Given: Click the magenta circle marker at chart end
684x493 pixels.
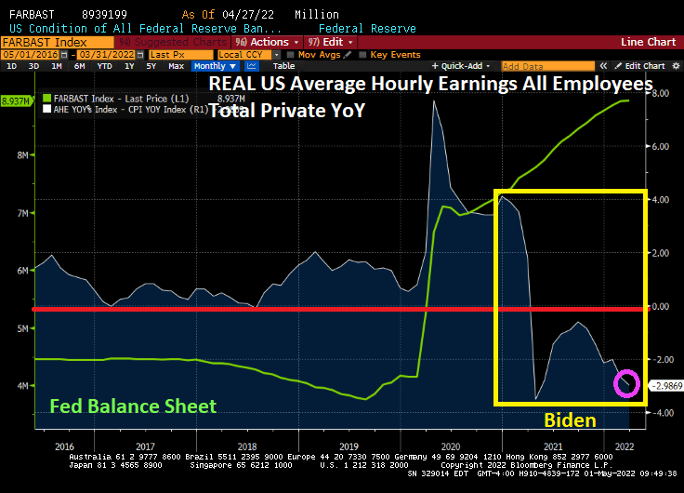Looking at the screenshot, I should coord(626,382).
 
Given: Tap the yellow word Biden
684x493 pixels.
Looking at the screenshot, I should coord(569,420).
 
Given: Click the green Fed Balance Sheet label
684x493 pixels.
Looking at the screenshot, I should coord(132,406).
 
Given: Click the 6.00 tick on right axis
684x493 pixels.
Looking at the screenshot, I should coord(659,146).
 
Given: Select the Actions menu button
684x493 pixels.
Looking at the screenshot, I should coord(268,42).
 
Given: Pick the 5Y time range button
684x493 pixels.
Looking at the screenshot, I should coord(151,66).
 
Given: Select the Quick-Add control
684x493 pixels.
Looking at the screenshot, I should coord(464,66).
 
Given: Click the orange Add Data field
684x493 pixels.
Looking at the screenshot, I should coord(546,66).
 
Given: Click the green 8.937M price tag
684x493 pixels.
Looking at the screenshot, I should coord(15,100).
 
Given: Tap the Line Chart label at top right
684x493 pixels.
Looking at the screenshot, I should coord(648,42).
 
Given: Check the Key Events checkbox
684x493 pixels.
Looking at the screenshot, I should coord(364,55).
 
